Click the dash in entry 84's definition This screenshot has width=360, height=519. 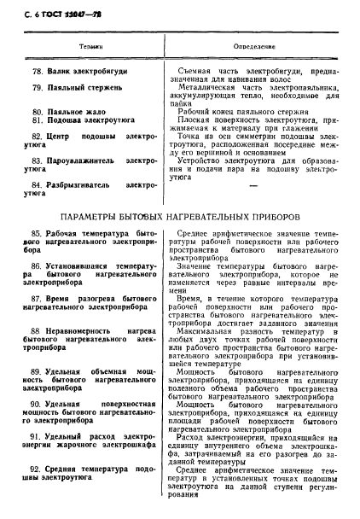253,184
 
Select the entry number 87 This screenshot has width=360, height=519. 37,300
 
